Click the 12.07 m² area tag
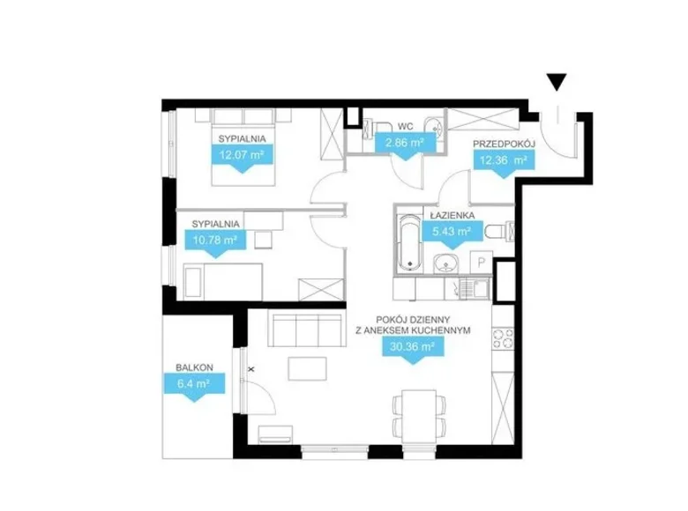click(x=243, y=158)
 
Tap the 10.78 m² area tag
click(x=215, y=242)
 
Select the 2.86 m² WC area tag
click(x=405, y=145)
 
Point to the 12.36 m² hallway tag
click(x=504, y=163)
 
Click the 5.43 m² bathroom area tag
click(x=452, y=233)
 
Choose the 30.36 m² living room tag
click(x=413, y=350)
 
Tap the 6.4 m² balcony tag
click(x=193, y=387)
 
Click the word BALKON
click(x=194, y=367)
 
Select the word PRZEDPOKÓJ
click(x=504, y=144)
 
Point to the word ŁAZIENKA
click(x=452, y=215)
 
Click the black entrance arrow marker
click(x=557, y=82)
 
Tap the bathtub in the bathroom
click(x=411, y=243)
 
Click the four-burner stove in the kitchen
click(x=503, y=339)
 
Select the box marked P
click(x=482, y=263)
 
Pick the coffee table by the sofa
click(x=307, y=368)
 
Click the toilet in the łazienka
click(x=500, y=230)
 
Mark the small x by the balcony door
click(x=251, y=369)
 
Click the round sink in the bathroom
click(x=445, y=264)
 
